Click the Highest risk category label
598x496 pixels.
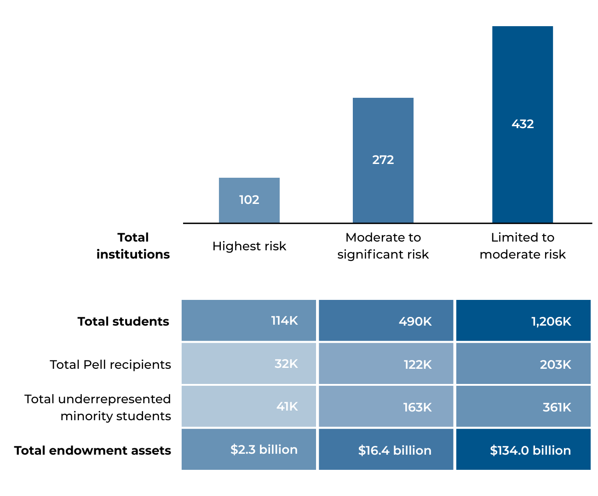tap(249, 246)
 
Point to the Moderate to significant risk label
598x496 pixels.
tap(383, 246)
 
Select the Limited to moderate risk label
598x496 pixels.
tap(522, 246)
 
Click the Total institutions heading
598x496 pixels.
tap(133, 246)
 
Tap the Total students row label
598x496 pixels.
tap(123, 321)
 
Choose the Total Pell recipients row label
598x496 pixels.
tap(110, 365)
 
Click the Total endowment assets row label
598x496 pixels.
tap(92, 451)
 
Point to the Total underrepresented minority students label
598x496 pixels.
tap(98, 407)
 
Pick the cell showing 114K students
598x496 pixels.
tap(249, 321)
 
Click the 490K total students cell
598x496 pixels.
tap(386, 321)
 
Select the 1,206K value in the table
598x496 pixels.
tap(523, 321)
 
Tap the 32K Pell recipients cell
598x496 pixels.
tap(249, 364)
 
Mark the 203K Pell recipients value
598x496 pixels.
tap(523, 364)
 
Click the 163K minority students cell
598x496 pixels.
tap(386, 407)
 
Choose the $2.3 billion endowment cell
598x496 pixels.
tap(249, 450)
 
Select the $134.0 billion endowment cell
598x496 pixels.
tap(523, 450)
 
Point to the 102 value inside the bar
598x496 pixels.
tap(249, 200)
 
